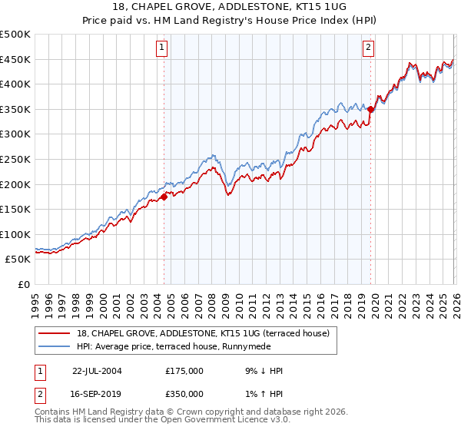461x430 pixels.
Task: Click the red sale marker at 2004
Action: click(x=164, y=197)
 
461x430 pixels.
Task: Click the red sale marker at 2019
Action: click(x=370, y=109)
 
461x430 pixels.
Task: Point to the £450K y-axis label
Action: click(x=15, y=59)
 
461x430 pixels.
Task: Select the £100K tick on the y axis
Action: click(x=15, y=234)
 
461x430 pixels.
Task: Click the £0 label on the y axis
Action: click(x=23, y=284)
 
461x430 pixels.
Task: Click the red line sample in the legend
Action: click(x=55, y=333)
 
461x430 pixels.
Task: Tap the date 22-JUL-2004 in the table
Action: click(x=97, y=371)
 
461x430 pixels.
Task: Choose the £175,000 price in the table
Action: click(x=184, y=371)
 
